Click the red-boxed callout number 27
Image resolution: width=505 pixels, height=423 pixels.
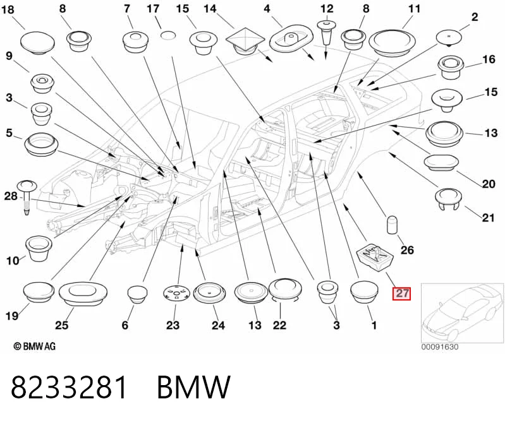pyautogui.click(x=401, y=293)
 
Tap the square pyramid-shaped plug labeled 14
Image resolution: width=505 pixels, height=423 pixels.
pyautogui.click(x=245, y=41)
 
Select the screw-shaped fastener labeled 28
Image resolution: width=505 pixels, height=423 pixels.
pyautogui.click(x=27, y=197)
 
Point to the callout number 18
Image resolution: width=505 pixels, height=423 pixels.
pyautogui.click(x=8, y=9)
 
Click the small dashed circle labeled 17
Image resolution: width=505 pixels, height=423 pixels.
pyautogui.click(x=167, y=35)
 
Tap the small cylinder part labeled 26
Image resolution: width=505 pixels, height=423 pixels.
pyautogui.click(x=392, y=225)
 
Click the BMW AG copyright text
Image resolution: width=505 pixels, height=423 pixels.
pyautogui.click(x=35, y=346)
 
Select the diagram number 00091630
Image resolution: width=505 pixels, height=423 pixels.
pyautogui.click(x=440, y=347)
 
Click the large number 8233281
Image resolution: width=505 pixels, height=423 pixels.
pyautogui.click(x=69, y=387)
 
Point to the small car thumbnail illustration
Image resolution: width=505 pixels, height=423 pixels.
pyautogui.click(x=462, y=313)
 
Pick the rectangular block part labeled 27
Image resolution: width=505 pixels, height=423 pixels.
pyautogui.click(x=375, y=256)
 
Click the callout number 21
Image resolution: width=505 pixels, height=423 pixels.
pyautogui.click(x=488, y=218)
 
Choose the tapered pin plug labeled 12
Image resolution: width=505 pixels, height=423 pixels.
pyautogui.click(x=327, y=32)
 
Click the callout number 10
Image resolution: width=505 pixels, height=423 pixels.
pyautogui.click(x=13, y=261)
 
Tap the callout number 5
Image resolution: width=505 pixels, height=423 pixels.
pyautogui.click(x=9, y=133)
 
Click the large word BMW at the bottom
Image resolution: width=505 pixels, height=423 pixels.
pyautogui.click(x=193, y=387)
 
